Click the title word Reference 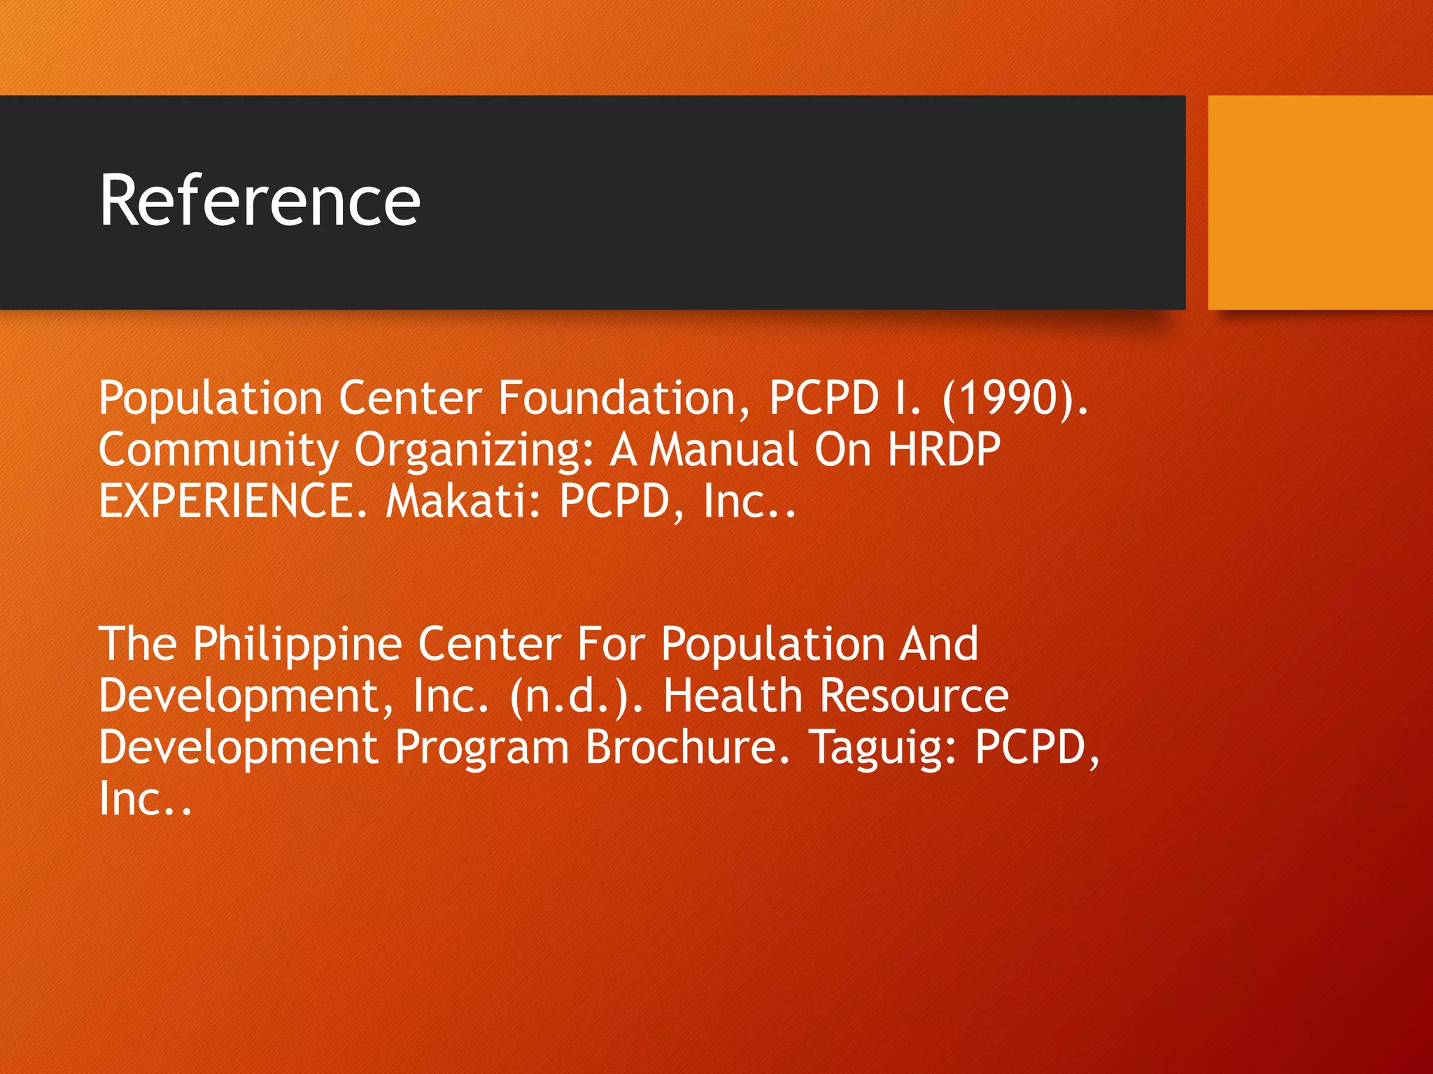click(x=260, y=201)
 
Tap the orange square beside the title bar click(x=1320, y=202)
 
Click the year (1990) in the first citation click(x=1015, y=398)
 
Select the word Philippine click(x=297, y=645)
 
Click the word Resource click(x=914, y=696)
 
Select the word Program click(x=482, y=748)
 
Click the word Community click(x=219, y=450)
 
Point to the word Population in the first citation click(x=211, y=399)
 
